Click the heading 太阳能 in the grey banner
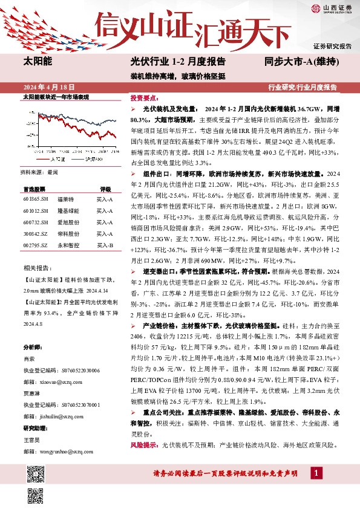click(38, 62)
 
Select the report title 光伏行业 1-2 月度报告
click(178, 62)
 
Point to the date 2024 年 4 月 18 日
click(48, 87)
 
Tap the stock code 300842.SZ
click(36, 235)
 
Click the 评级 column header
click(105, 189)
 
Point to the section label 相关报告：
click(37, 267)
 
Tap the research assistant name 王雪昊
click(33, 439)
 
